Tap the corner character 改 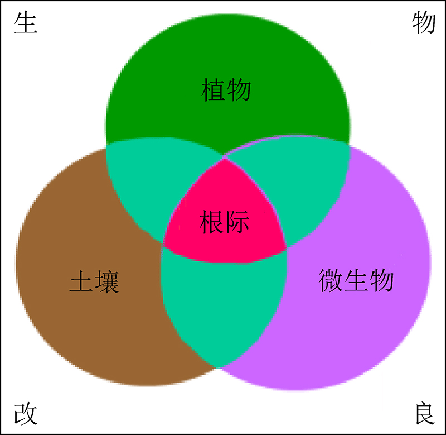point(25,413)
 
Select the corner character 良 point(423,413)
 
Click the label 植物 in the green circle point(226,89)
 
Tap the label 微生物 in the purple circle point(356,279)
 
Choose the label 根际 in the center point(224,222)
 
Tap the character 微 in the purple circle point(332,279)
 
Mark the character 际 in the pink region point(237,222)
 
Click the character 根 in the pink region point(212,222)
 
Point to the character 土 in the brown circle point(81,281)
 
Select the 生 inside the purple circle point(357,279)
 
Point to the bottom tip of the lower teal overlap point(219,367)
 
